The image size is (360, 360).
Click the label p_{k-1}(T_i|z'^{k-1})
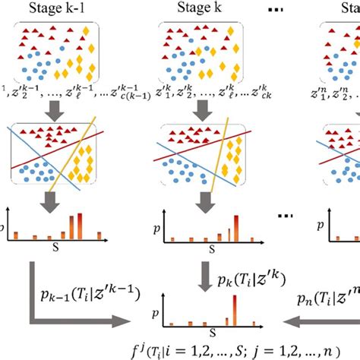pos(87,289)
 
